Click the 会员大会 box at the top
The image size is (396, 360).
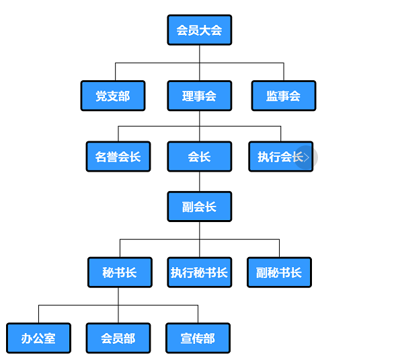coord(200,30)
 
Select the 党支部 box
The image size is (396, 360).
coord(113,96)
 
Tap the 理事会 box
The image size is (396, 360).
coord(200,96)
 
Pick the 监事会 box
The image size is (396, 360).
coord(284,96)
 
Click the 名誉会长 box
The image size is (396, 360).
coord(118,157)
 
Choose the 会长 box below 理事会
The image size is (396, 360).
coord(200,157)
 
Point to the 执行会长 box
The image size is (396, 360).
coord(281,157)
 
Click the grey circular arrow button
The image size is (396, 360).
coord(306,157)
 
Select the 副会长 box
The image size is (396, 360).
coord(200,207)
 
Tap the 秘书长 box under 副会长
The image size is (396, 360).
coord(120,273)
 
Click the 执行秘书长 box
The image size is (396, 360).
coord(200,273)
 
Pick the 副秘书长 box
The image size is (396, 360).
coord(279,273)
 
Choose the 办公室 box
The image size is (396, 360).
coord(38,338)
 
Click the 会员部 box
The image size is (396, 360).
coord(118,338)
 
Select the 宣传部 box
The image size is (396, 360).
coord(198,338)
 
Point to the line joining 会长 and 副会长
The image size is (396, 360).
coord(200,182)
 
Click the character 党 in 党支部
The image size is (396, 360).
coord(102,96)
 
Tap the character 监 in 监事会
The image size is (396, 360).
coord(272,96)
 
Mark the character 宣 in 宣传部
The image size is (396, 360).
coord(186,338)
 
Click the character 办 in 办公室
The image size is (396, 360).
coord(27,338)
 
